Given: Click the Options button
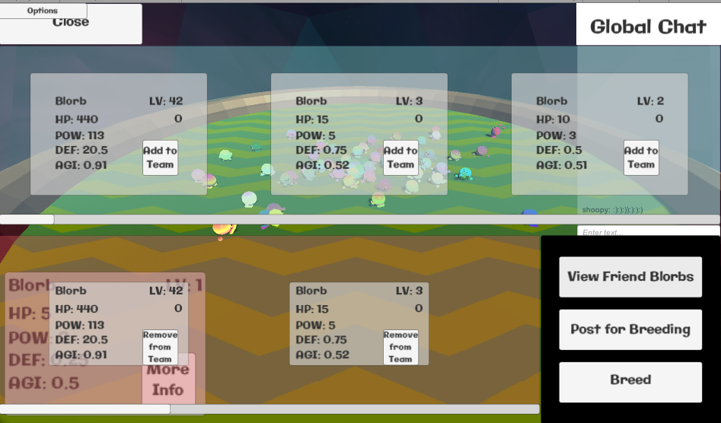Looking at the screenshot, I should click(x=43, y=11).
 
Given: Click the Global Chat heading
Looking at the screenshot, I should click(x=648, y=27).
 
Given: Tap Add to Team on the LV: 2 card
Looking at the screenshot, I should click(x=641, y=157).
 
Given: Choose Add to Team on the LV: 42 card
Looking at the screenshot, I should click(x=160, y=157).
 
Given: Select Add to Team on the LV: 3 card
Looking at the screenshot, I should click(x=400, y=157).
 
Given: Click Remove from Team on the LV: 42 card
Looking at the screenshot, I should click(x=160, y=347).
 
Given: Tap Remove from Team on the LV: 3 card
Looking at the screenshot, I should click(x=400, y=347).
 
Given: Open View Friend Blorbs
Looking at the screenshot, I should click(x=630, y=277).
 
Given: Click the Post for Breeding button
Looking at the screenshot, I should click(x=630, y=329).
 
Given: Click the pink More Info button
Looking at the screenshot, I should click(x=168, y=380).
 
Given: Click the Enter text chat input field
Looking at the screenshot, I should click(x=648, y=232).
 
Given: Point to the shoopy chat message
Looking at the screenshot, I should click(x=612, y=210).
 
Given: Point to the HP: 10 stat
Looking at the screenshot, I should click(x=554, y=119).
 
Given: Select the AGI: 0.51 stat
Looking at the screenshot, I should click(x=562, y=165).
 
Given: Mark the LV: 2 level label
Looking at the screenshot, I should click(x=650, y=101).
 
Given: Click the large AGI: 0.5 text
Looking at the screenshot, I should click(x=44, y=383).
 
